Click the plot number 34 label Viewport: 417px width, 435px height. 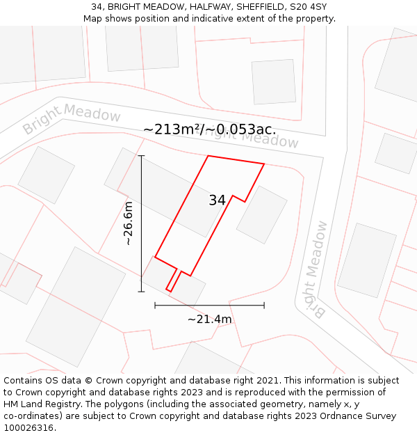[217, 200]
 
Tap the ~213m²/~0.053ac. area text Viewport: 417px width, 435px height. [209, 129]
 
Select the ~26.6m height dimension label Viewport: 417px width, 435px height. [128, 224]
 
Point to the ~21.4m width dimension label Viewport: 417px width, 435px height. [209, 319]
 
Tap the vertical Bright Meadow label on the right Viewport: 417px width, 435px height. [316, 269]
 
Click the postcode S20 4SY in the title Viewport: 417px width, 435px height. [307, 7]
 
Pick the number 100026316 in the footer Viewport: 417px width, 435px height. [28, 428]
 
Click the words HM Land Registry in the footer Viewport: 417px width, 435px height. [40, 404]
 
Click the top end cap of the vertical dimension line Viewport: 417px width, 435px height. [141, 156]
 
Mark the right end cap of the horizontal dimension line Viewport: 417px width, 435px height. [264, 305]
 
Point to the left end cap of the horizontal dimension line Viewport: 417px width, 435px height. [155, 305]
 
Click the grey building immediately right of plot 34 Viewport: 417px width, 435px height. [262, 214]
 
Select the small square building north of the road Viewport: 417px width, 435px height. [273, 81]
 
